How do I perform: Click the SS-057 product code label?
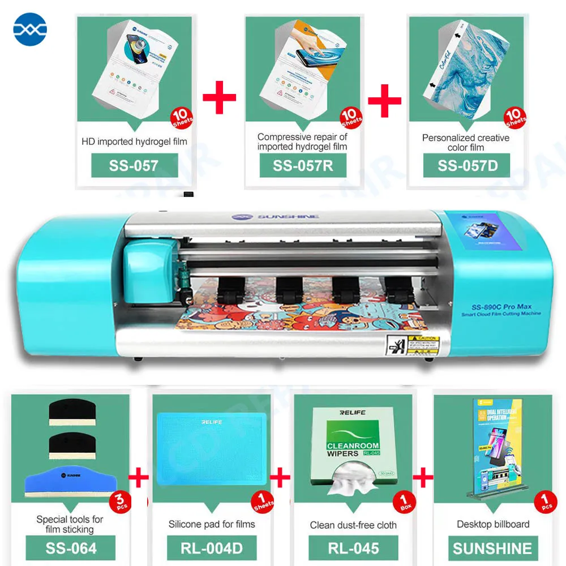(x=134, y=166)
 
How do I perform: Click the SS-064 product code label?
(x=70, y=548)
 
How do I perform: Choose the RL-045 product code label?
(x=353, y=548)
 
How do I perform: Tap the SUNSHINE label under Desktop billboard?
(x=492, y=548)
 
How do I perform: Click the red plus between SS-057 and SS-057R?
(x=218, y=97)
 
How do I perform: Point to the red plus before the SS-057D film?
(x=384, y=101)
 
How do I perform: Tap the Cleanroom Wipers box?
(x=353, y=447)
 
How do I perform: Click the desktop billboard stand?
(x=492, y=450)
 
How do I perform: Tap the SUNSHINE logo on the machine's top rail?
(x=283, y=216)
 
